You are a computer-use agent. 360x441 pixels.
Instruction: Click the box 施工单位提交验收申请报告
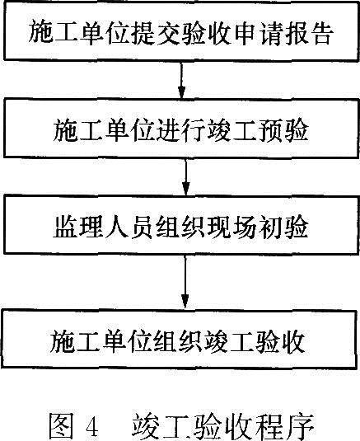[181, 31]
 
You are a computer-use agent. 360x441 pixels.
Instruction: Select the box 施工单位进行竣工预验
[181, 129]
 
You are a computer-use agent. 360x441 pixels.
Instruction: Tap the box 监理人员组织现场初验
[181, 225]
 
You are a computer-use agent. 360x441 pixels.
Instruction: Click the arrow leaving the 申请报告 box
[181, 80]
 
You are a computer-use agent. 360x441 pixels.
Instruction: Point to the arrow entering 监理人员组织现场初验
[185, 176]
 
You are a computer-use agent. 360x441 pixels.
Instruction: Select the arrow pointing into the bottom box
[185, 282]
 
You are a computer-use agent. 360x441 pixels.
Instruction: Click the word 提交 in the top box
[156, 32]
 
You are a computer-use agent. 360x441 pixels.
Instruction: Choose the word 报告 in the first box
[309, 32]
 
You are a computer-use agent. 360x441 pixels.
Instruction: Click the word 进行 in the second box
[180, 129]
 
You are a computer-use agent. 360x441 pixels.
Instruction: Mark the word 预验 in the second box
[283, 129]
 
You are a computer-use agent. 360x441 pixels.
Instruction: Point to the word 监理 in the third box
[77, 227]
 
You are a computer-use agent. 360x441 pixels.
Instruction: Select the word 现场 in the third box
[231, 227]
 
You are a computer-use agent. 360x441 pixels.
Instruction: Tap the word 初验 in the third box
[283, 227]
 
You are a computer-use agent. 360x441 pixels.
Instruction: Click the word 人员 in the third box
[129, 227]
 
